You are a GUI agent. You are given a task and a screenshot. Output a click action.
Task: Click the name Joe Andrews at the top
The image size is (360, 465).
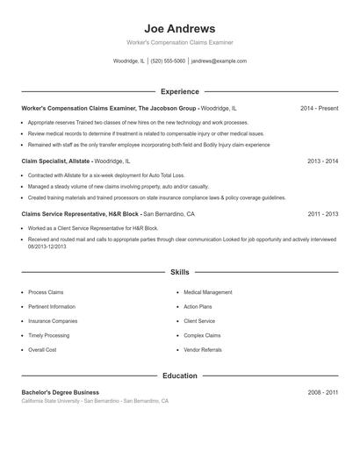[x=179, y=29]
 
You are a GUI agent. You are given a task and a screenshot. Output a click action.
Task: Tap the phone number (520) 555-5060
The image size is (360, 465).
[x=168, y=61]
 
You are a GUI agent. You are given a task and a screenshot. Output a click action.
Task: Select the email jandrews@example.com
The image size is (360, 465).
[x=219, y=61]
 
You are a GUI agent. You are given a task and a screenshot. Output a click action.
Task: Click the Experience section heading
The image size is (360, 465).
[x=179, y=91]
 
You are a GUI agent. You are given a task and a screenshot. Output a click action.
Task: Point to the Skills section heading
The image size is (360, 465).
[x=179, y=272]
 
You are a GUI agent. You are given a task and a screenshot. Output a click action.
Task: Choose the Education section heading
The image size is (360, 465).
[x=179, y=376]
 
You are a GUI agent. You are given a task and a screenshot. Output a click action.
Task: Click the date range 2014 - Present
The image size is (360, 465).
[x=319, y=108]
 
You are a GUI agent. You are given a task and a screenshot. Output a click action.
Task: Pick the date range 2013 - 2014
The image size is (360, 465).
[x=322, y=161]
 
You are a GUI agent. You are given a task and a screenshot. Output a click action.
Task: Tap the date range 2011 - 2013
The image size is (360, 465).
[x=322, y=214]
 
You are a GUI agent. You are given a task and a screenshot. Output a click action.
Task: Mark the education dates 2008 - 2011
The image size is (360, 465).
[x=322, y=392]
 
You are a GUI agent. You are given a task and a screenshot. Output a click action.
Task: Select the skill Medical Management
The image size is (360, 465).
[x=208, y=292]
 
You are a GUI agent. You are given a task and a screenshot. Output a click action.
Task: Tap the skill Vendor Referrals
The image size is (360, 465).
[x=203, y=350]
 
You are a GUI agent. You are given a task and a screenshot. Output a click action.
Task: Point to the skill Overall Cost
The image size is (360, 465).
[x=42, y=350]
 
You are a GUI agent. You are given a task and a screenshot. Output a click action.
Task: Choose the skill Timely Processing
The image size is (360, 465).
[x=48, y=335]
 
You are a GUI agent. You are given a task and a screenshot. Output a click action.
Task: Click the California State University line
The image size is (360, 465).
[x=95, y=401]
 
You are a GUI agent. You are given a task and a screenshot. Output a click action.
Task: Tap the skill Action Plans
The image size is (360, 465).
[x=198, y=307]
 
